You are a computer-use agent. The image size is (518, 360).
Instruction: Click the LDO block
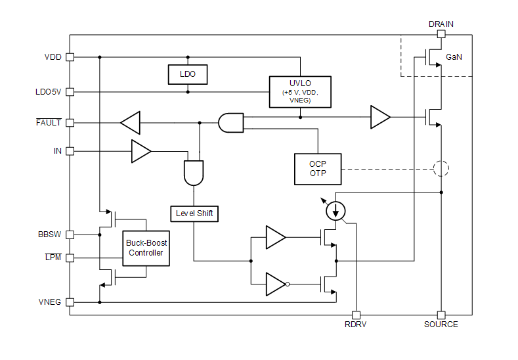coord(188,75)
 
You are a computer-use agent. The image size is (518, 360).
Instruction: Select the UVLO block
coord(300,91)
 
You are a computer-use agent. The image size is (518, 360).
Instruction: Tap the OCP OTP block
coord(318,169)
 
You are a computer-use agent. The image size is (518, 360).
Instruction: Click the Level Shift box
coord(194,214)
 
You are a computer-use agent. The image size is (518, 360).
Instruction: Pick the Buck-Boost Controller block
coord(147,248)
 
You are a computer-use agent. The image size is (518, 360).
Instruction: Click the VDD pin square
coord(70,57)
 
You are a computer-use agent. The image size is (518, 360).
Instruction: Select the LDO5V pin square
coord(70,92)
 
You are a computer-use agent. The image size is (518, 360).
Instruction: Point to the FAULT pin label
coord(49,122)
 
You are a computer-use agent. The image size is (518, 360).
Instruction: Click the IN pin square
coord(70,151)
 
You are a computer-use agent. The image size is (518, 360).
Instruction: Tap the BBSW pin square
coord(70,235)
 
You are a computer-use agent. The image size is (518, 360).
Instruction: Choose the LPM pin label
coord(53,258)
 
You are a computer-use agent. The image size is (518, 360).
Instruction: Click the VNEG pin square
coord(70,302)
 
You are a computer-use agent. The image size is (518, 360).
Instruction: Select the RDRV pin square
coord(356,315)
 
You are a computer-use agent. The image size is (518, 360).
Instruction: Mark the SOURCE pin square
coord(441,315)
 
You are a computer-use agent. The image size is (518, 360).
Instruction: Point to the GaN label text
coord(454,57)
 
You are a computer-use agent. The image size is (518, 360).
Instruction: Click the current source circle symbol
coord(336,210)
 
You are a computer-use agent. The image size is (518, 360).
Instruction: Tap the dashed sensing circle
coord(441,169)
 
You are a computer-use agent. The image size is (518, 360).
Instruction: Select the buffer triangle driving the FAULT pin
coord(131,122)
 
